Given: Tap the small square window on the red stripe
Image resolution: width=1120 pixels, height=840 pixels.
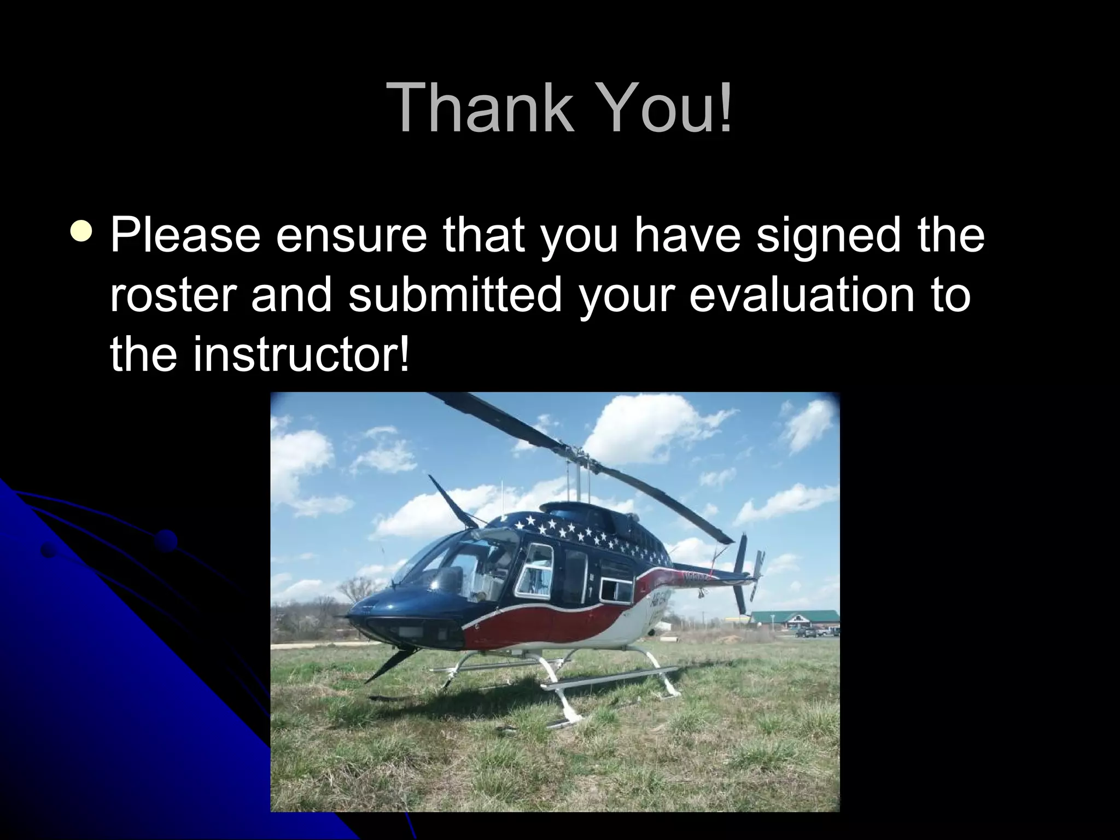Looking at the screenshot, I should pos(615,591).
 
